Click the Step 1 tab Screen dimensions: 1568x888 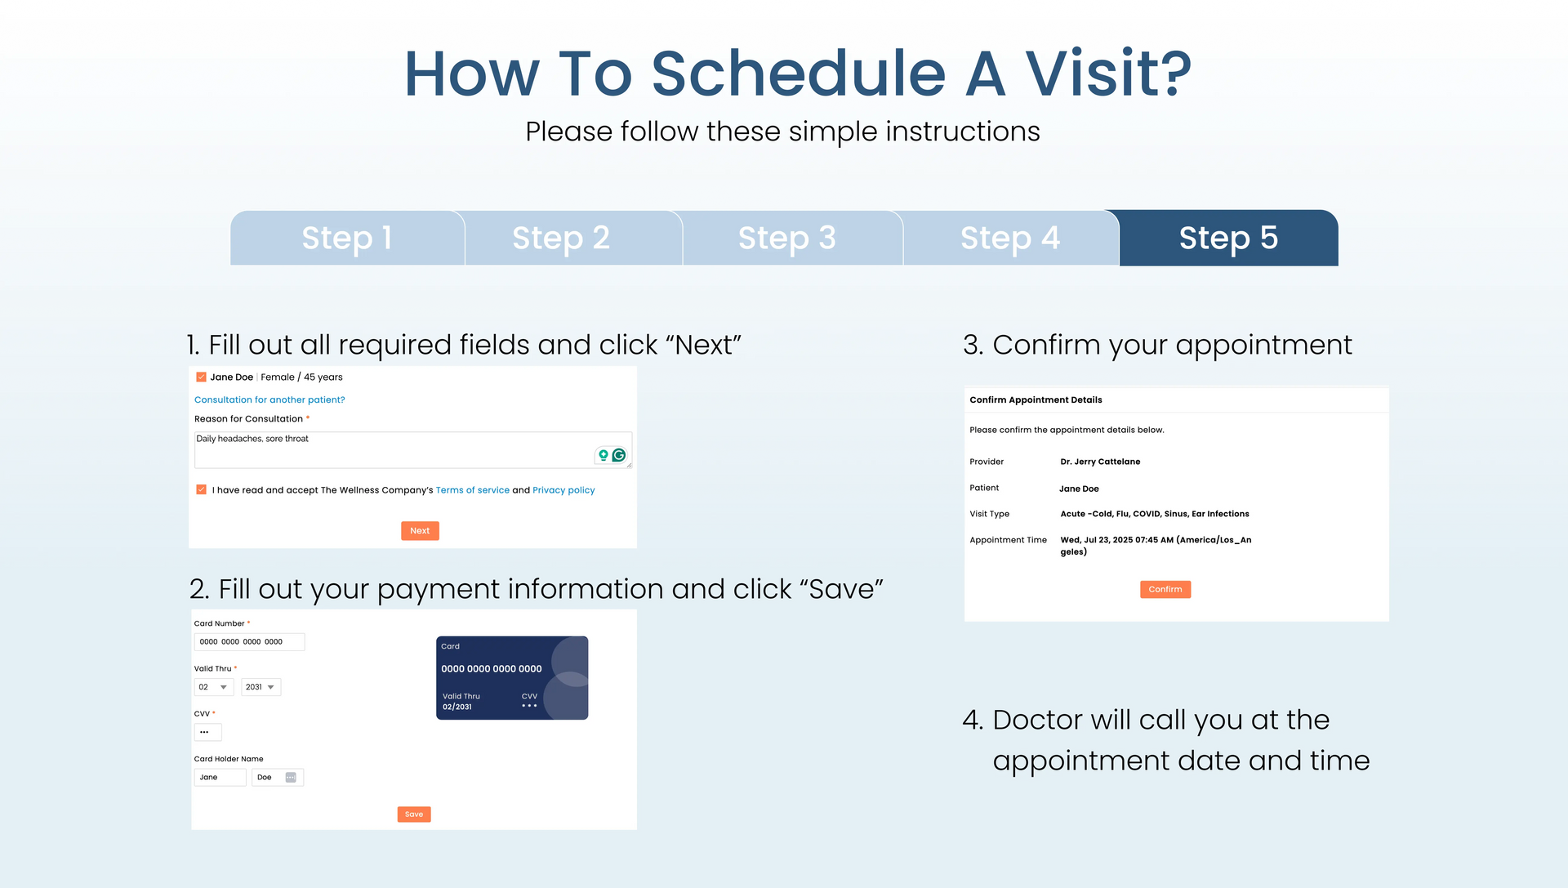tap(347, 238)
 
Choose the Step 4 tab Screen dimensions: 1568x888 tap(1011, 238)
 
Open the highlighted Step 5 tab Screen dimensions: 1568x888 tap(1228, 238)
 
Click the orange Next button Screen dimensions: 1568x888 tap(420, 531)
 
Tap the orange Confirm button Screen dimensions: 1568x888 tap(1165, 589)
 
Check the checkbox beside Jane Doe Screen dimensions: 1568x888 tap(201, 377)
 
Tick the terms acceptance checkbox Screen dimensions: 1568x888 tap(201, 489)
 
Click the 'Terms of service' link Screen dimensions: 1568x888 tap(473, 490)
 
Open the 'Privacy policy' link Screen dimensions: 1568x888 tap(563, 490)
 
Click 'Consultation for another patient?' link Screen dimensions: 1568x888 tap(269, 399)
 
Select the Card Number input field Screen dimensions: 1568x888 tap(249, 642)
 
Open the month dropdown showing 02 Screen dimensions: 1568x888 tap(214, 687)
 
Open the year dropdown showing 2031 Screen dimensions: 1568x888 tap(261, 687)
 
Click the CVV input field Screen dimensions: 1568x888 tap(207, 732)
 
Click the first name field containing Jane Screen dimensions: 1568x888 tap(220, 778)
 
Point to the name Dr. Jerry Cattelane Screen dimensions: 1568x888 tap(1100, 462)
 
